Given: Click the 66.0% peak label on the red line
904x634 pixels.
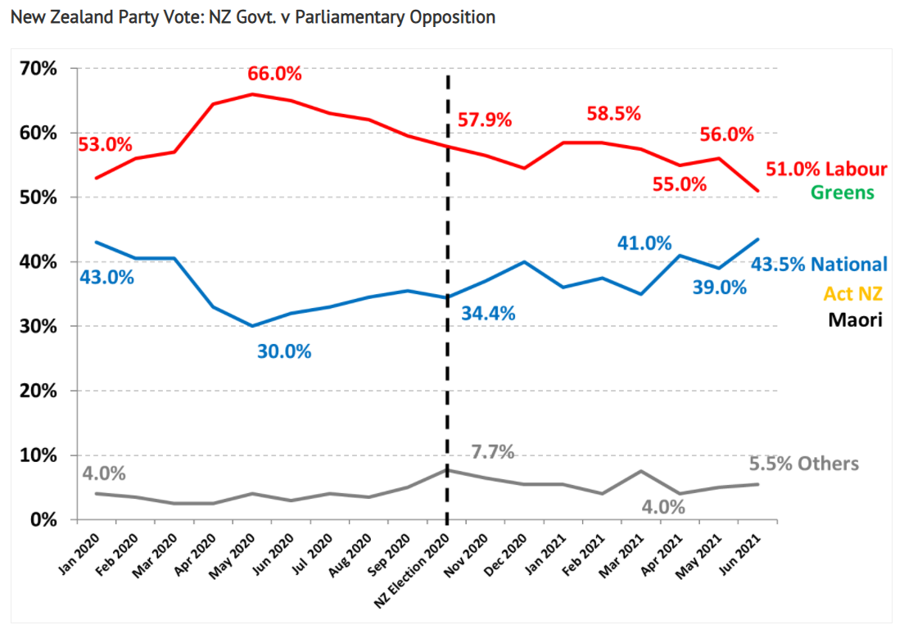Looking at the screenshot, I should (x=274, y=74).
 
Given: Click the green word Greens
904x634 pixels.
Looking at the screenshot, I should (x=843, y=192).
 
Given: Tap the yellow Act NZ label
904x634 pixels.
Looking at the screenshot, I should (x=854, y=292).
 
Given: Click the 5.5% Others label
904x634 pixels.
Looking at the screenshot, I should (x=803, y=464).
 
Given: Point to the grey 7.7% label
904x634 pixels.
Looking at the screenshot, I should (x=492, y=452).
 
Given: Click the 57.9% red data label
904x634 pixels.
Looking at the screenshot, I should (x=485, y=120).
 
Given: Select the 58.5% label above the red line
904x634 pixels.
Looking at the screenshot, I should (x=613, y=114).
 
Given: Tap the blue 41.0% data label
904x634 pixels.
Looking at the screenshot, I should (x=644, y=242).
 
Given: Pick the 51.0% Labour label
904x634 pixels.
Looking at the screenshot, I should (x=826, y=170).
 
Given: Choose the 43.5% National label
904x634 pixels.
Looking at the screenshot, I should (x=819, y=265).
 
